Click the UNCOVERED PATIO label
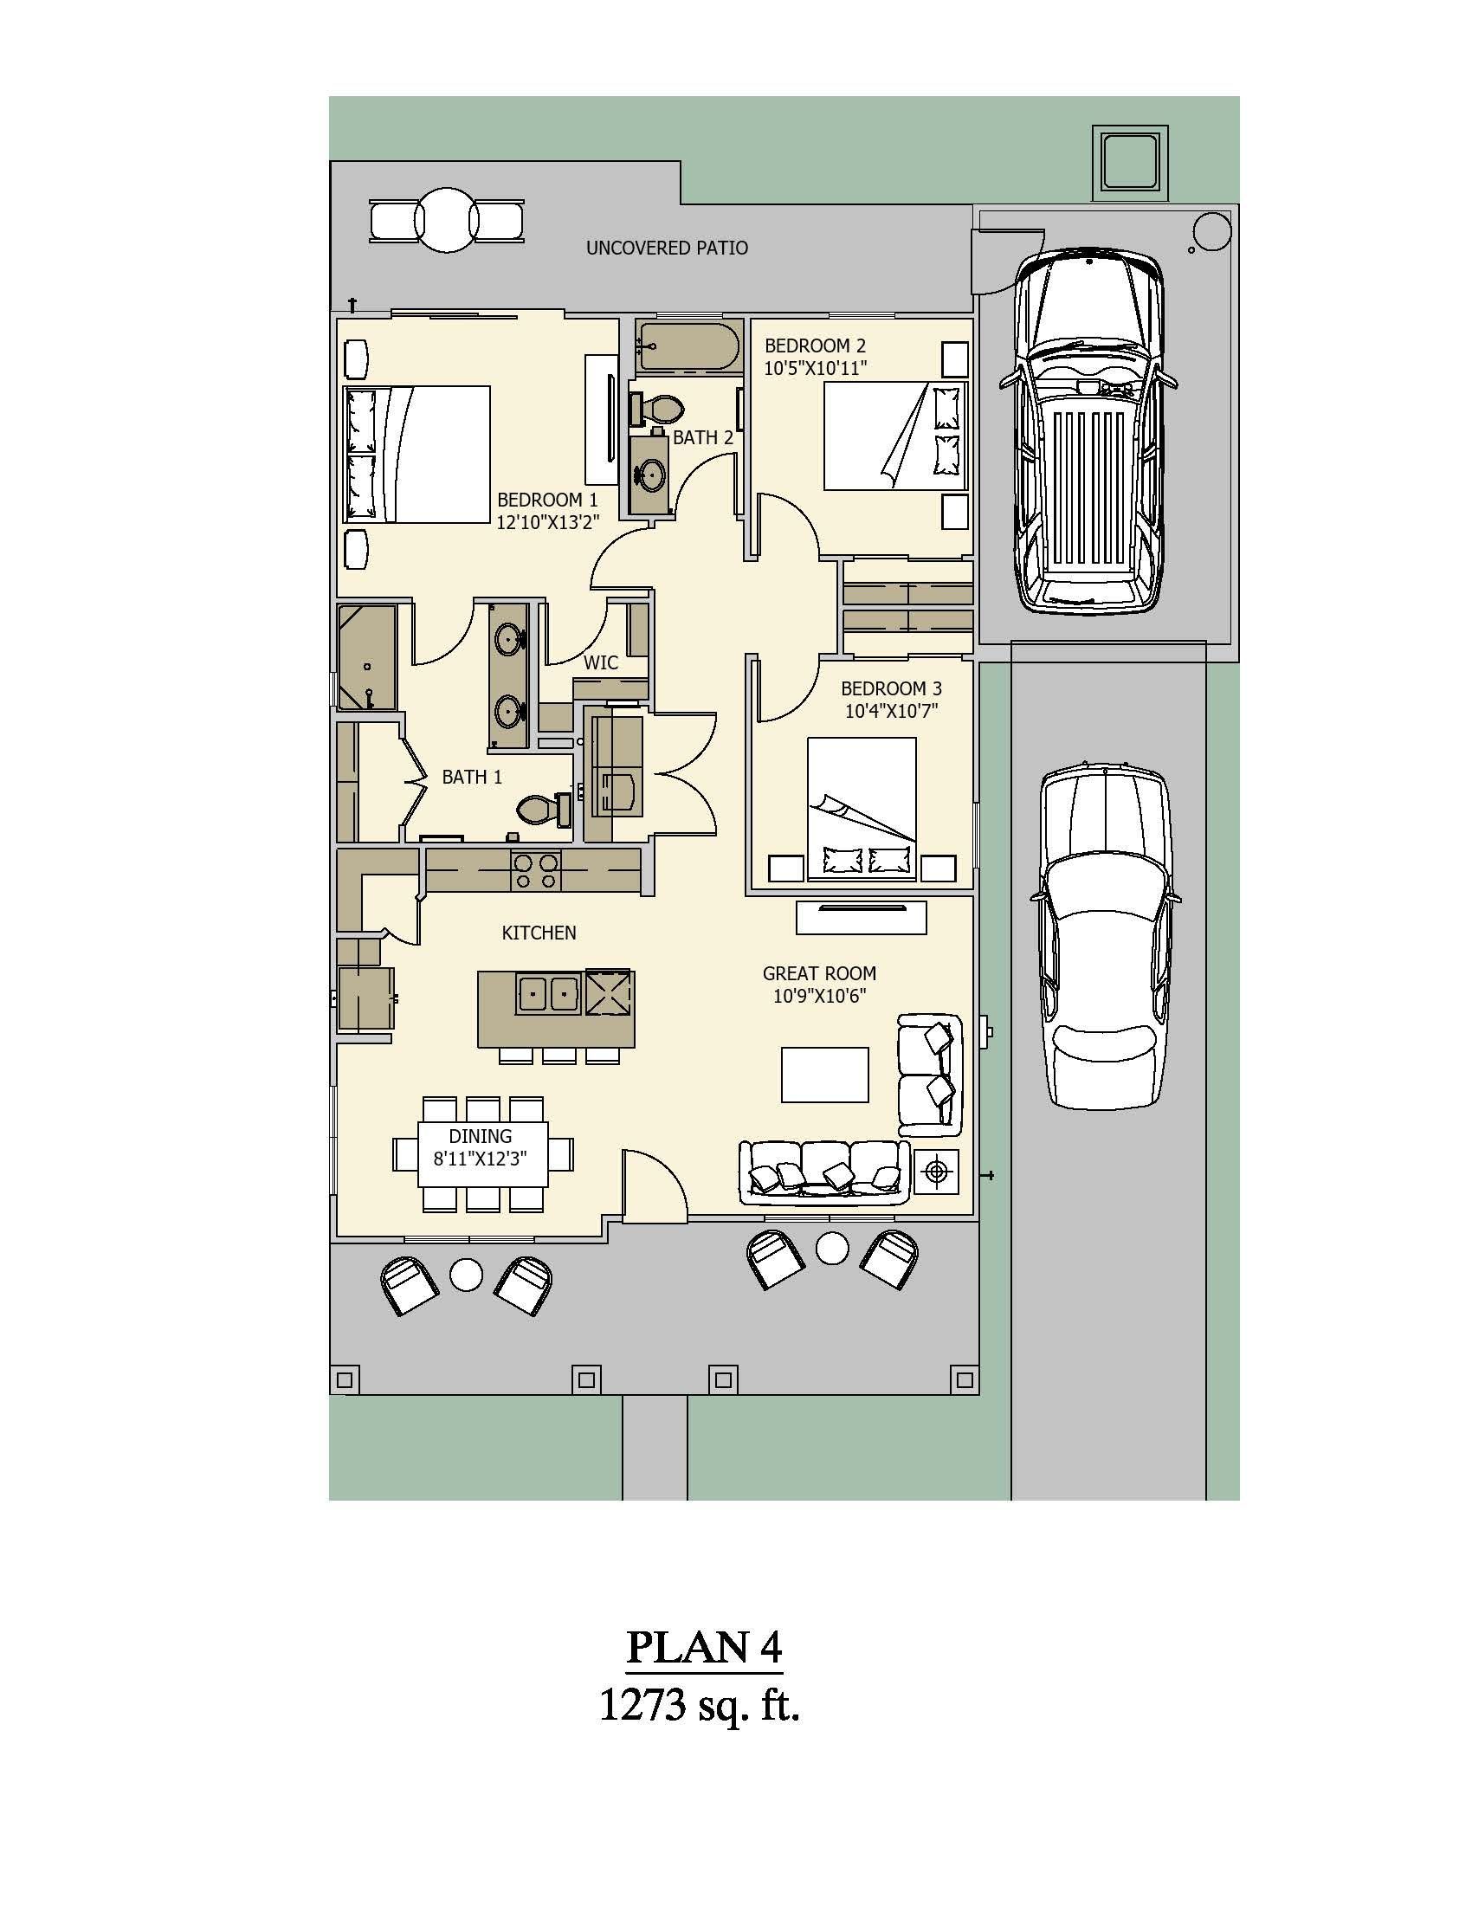coord(666,249)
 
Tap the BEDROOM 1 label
coord(547,500)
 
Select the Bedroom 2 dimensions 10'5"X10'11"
coord(816,368)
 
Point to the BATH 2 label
coord(703,438)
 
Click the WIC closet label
coord(601,663)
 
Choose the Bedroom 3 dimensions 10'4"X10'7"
coord(891,711)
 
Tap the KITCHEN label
coord(539,933)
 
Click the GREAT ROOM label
coord(819,973)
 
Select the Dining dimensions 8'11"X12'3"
coord(481,1159)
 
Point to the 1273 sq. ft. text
coord(700,1705)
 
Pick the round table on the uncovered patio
coord(447,220)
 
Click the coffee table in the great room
coord(824,1075)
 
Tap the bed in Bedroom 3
coord(862,808)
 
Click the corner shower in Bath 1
coord(366,657)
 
